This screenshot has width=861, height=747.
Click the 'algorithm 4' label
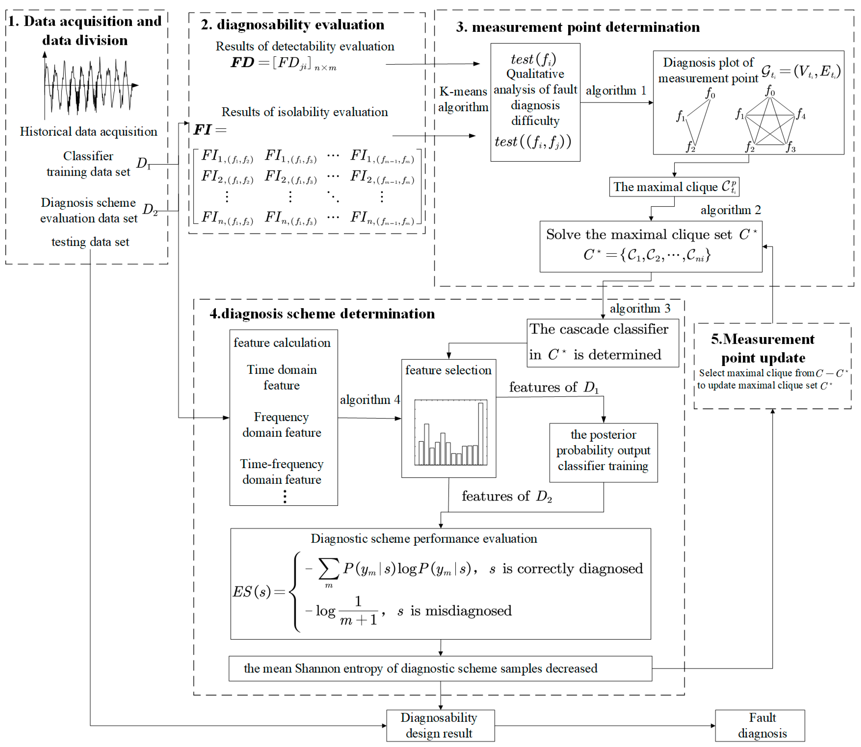[369, 400]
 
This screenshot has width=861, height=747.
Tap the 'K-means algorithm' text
[463, 99]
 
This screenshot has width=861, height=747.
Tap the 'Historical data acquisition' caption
[88, 132]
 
